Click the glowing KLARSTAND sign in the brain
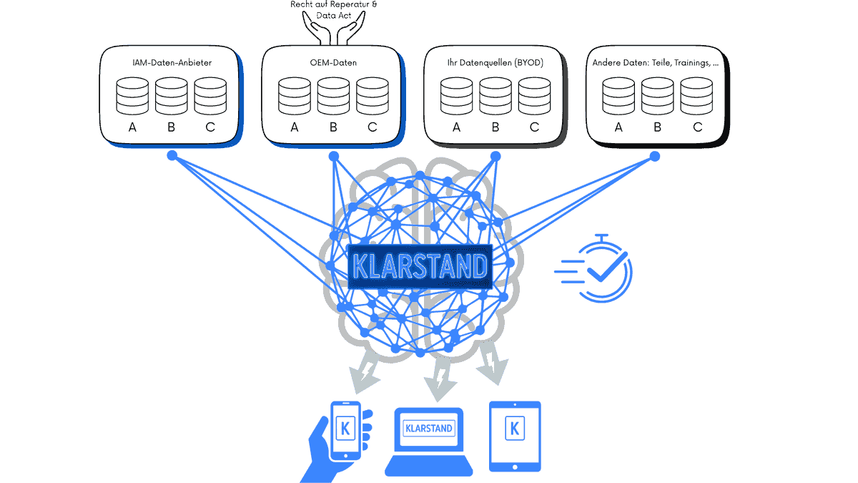pos(420,266)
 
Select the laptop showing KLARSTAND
pos(429,440)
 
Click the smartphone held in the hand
pos(346,429)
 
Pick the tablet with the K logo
pos(514,435)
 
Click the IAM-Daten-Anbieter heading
pos(172,63)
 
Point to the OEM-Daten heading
pos(333,63)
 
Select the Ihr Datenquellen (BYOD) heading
pos(494,63)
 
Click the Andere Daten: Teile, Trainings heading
pos(655,63)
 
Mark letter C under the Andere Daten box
pos(697,127)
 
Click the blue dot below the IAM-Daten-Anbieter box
pos(172,155)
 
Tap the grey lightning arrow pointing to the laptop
pos(441,379)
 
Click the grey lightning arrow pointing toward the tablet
pos(493,361)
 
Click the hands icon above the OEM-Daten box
pos(333,29)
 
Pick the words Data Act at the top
pos(333,14)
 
